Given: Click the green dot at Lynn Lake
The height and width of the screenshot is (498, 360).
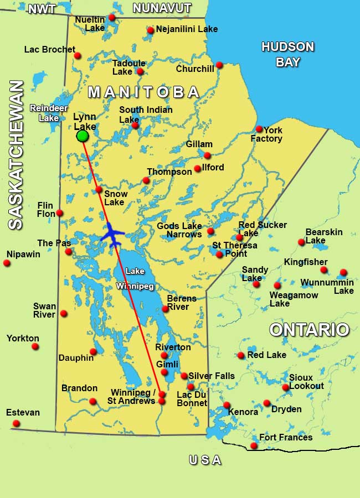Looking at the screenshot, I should (x=83, y=136).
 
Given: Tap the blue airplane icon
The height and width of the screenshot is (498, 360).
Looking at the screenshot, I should (x=113, y=235).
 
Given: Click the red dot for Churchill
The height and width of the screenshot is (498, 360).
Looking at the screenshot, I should (x=219, y=65).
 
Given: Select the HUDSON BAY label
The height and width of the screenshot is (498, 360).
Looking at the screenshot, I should (x=287, y=54).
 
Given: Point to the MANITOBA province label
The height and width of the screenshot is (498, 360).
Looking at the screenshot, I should (x=143, y=92).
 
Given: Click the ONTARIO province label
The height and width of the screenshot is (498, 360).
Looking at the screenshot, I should (x=309, y=330).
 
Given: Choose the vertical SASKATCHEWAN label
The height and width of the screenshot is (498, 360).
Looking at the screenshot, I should (x=16, y=155).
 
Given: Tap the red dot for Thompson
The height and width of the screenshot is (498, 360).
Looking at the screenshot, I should (x=146, y=180).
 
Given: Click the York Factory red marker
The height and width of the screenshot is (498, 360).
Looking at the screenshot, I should (x=259, y=129).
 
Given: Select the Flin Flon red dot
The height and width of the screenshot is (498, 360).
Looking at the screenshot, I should (x=59, y=212).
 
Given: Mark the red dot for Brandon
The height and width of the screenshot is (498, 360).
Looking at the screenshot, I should (x=92, y=401).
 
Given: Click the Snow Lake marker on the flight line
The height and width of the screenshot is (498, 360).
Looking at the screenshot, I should (x=99, y=189).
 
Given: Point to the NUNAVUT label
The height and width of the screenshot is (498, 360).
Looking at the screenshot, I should (x=162, y=8).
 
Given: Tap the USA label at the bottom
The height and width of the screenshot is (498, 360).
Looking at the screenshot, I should (x=205, y=460).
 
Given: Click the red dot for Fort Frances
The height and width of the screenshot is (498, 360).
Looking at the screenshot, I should (x=254, y=445).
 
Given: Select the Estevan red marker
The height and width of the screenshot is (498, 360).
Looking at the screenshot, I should (x=17, y=423).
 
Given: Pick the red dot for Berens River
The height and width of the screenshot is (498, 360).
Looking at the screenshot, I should (x=165, y=308).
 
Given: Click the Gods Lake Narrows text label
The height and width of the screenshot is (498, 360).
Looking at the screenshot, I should (x=179, y=230).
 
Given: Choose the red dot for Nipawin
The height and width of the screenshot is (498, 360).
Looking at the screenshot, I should (x=7, y=263).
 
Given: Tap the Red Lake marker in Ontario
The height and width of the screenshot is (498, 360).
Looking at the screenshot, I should (x=241, y=355).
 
